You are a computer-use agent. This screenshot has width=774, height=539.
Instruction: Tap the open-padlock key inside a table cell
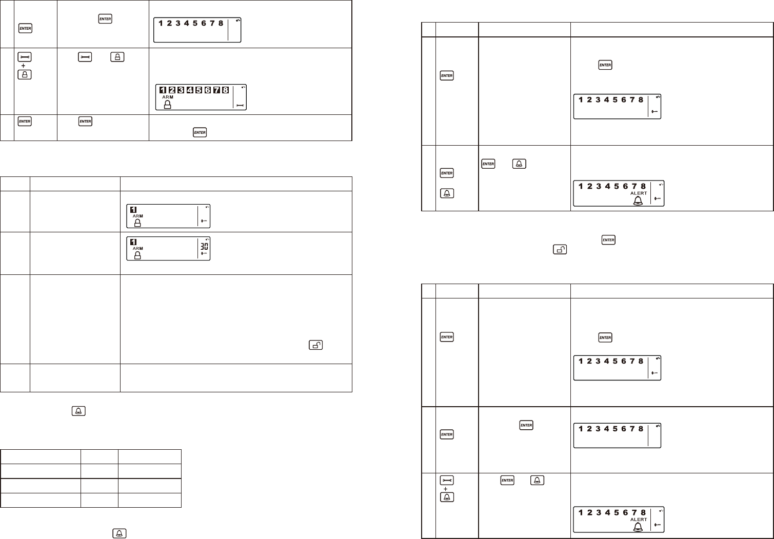pos(316,345)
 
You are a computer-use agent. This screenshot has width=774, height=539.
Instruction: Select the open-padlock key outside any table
pos(560,250)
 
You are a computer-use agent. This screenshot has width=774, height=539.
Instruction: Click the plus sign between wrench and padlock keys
pos(24,66)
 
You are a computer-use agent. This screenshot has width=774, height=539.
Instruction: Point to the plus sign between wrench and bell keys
pos(446,489)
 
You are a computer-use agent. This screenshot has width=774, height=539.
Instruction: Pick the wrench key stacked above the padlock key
pos(25,57)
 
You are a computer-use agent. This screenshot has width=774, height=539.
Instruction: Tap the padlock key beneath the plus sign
pos(25,74)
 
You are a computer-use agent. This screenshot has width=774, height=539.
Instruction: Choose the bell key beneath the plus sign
pos(447,497)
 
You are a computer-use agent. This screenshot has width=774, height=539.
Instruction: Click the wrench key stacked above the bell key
pos(447,480)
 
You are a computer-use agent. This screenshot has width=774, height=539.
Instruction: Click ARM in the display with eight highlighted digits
pos(168,97)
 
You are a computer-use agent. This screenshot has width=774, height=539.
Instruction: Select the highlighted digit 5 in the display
pos(199,90)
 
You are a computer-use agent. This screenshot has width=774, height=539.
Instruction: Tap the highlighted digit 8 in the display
pos(225,90)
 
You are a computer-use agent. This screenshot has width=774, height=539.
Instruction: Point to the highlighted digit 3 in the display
pos(181,90)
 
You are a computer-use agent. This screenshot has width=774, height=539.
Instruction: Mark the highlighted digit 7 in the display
pos(216,90)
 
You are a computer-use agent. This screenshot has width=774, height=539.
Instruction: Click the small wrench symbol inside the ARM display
pos(240,105)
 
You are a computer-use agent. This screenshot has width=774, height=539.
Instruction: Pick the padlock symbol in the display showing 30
pos(137,255)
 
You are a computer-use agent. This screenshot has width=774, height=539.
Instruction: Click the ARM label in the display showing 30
pos(138,248)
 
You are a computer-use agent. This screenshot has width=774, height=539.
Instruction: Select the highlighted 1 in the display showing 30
pos(133,241)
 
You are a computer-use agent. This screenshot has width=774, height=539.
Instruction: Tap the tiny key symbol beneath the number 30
pos(204,253)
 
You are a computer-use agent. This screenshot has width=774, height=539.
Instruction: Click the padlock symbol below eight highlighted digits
pos(167,104)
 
